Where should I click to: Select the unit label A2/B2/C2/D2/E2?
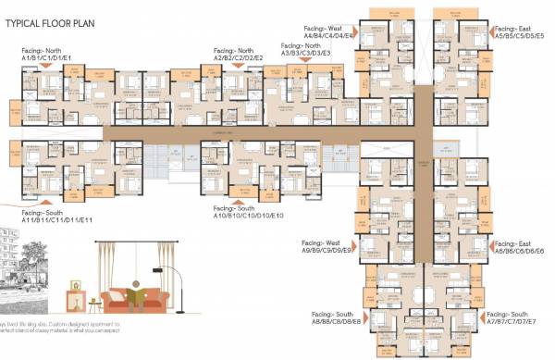239,57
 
